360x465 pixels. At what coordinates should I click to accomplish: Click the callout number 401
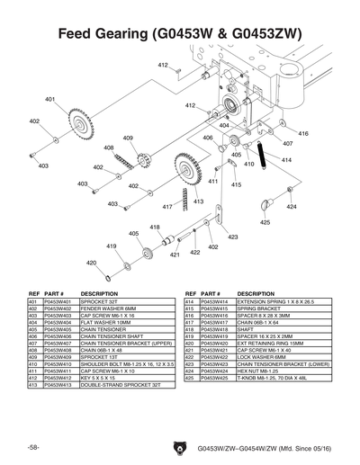[50, 99]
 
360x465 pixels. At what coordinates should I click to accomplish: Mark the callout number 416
[302, 133]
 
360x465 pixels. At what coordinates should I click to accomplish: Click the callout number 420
[91, 263]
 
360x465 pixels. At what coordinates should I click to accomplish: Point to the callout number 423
[232, 237]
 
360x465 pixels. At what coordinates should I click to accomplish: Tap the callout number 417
[166, 206]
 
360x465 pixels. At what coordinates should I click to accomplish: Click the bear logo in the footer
[177, 446]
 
